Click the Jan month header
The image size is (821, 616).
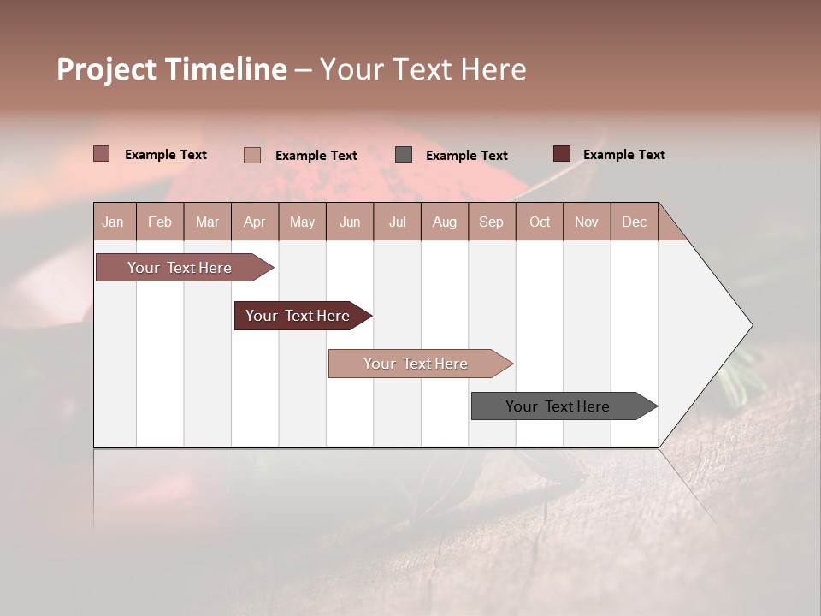coord(113,222)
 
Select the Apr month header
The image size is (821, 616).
coord(254,222)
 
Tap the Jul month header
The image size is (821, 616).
coord(397,222)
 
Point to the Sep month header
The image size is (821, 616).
coord(491,222)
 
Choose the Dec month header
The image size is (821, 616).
coord(634,222)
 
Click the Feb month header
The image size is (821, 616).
coord(160,222)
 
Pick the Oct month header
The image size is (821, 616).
coord(540,222)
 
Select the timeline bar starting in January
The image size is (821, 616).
coord(180,268)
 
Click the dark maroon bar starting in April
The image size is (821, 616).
coord(298,316)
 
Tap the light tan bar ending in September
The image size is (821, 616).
coord(416,364)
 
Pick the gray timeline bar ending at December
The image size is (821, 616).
coord(558,406)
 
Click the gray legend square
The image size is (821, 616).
coord(404,154)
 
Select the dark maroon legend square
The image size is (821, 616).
coord(561,154)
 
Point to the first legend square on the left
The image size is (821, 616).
coord(101,154)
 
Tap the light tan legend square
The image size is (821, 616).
coord(251,155)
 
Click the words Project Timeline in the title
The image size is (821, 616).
coord(171,69)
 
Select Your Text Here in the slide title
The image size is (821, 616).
coord(422,69)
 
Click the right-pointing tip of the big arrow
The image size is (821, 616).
coord(749,325)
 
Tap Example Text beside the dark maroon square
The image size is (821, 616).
coord(623,155)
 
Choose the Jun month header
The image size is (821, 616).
coord(350,222)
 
